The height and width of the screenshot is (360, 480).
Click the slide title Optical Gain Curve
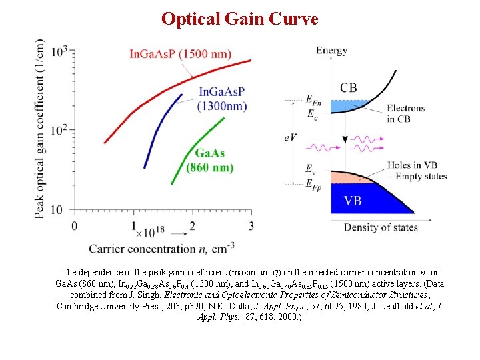pyautogui.click(x=239, y=19)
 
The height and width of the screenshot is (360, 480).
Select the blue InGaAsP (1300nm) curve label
pyautogui.click(x=221, y=99)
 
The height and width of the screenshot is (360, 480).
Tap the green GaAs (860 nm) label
pyautogui.click(x=209, y=160)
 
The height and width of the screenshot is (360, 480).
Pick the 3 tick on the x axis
pyautogui.click(x=251, y=225)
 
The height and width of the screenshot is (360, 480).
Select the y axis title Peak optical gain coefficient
pyautogui.click(x=41, y=129)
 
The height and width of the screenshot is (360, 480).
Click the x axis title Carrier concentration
pyautogui.click(x=160, y=249)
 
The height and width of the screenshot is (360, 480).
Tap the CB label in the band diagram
pyautogui.click(x=349, y=87)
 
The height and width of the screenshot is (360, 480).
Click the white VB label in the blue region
pyautogui.click(x=353, y=200)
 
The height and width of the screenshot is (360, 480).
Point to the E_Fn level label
pyautogui.click(x=313, y=100)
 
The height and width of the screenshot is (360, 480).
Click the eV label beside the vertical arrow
pyautogui.click(x=291, y=137)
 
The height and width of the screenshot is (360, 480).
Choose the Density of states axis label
pyautogui.click(x=381, y=227)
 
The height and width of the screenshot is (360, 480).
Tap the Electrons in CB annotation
pyautogui.click(x=405, y=113)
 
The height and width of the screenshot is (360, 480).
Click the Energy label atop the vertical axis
pyautogui.click(x=331, y=50)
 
